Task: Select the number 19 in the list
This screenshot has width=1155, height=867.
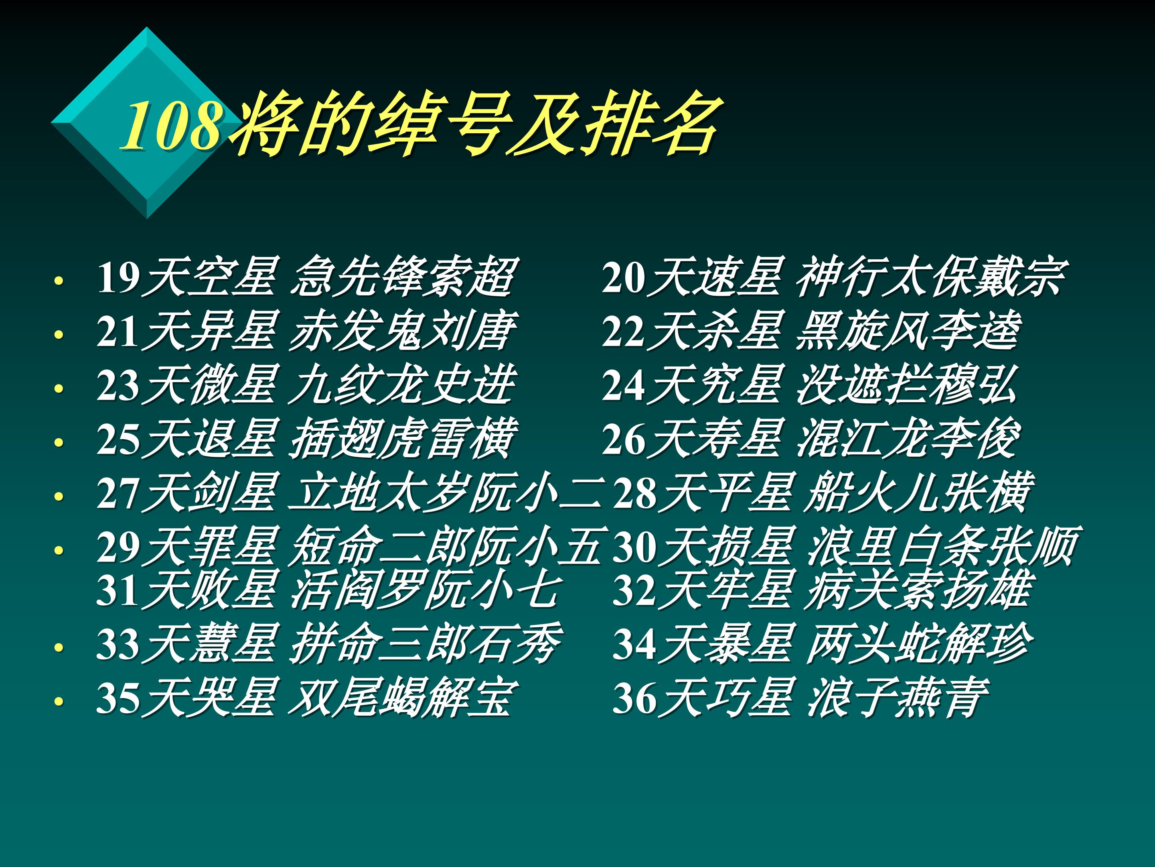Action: point(119,277)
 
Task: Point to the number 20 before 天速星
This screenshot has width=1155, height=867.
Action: point(624,277)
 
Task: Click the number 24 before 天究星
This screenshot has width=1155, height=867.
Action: point(624,386)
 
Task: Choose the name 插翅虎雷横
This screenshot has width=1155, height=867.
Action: point(402,440)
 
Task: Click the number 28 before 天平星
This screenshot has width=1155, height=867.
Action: point(634,493)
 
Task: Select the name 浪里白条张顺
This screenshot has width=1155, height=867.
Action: point(940,547)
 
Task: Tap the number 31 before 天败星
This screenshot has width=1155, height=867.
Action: point(118,590)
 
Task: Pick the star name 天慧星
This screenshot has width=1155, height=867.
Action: point(209,644)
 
